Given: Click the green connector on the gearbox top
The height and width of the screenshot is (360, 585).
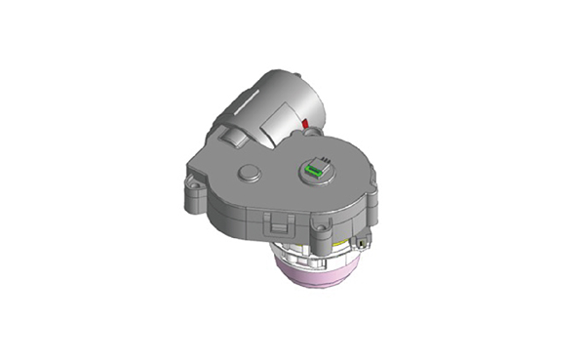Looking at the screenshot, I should point(312,171).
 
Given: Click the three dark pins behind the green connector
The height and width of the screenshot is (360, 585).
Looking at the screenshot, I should point(321,159).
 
